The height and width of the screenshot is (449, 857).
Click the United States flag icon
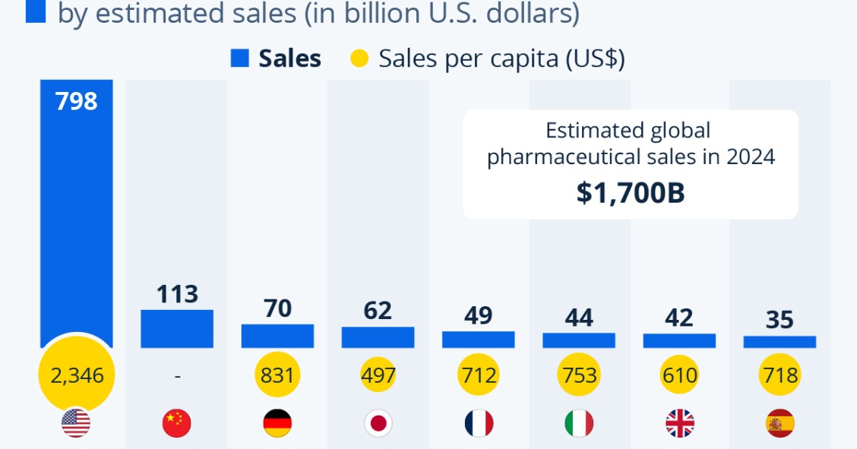pos(76,423)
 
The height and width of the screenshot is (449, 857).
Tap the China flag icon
pos(177,423)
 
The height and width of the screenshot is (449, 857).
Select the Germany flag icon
pos(277,423)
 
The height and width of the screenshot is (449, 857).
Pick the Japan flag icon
pos(378,423)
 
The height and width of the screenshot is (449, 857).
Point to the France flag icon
pos(479,423)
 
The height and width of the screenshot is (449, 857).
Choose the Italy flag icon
pos(579,423)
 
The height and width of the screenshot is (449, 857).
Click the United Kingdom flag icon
pos(679,423)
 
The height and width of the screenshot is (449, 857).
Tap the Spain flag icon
pos(780,423)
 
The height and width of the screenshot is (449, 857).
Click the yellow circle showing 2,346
pos(76,375)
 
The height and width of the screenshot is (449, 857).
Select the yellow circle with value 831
pos(277,375)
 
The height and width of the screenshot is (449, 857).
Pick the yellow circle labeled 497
pos(378,375)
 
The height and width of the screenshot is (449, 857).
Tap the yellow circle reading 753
pos(579,375)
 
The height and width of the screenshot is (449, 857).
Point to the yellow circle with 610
pos(679,375)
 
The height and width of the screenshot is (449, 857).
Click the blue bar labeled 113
pos(177,328)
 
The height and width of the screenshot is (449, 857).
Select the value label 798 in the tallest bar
pos(76,101)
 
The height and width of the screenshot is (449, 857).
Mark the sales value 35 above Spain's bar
pos(780,320)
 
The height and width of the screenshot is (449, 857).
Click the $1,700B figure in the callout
pos(630,193)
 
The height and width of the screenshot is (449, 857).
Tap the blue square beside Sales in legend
pos(240,58)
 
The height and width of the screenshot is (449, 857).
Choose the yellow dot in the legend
pos(360,58)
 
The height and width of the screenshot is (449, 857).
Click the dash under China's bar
pos(177,375)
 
